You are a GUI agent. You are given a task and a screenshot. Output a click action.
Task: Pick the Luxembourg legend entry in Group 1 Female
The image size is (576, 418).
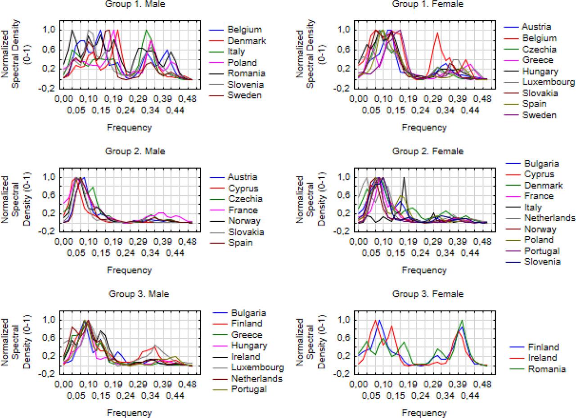pos(548,82)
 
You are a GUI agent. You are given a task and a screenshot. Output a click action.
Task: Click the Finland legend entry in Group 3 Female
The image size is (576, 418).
pos(543,347)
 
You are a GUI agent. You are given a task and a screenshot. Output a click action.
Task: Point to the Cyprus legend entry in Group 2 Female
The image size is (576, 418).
pos(539,174)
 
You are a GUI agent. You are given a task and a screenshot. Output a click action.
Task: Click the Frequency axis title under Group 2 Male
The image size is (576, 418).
pos(129,270)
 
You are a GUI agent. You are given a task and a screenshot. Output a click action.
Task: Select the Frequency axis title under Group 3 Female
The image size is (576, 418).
pos(424,413)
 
